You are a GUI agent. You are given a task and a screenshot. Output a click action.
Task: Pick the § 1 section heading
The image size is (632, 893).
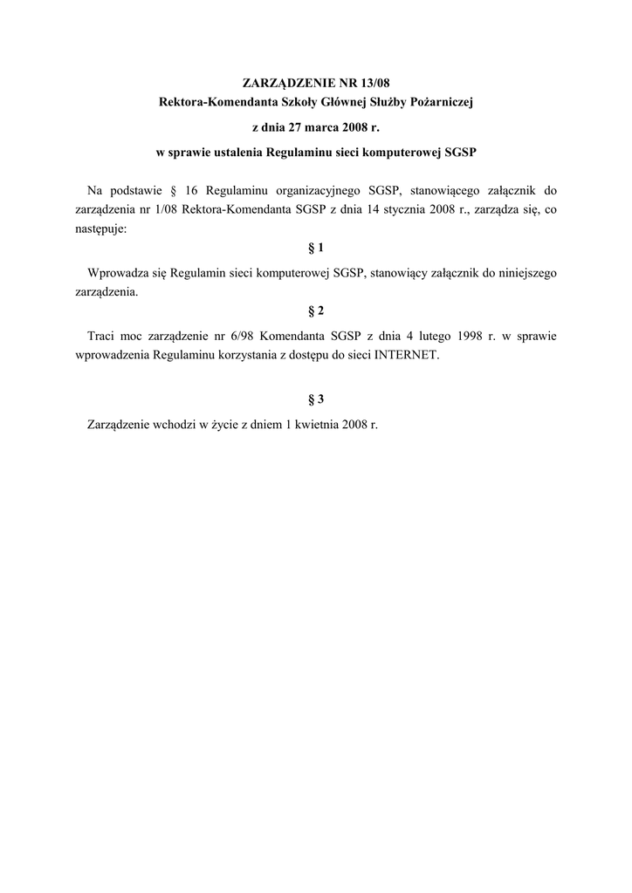(316, 247)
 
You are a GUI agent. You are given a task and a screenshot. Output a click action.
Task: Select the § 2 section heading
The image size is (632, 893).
(316, 310)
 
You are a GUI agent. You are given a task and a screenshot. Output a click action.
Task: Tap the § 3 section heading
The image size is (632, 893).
(316, 399)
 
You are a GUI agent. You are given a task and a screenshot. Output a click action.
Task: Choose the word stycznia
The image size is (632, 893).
(402, 210)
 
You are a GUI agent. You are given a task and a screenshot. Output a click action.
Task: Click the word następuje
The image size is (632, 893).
(102, 229)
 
